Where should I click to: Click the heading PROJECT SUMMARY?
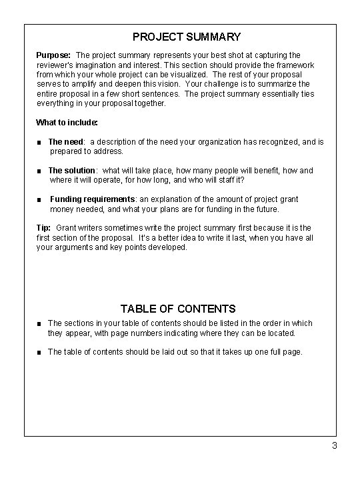186,37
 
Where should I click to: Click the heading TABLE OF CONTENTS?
178,309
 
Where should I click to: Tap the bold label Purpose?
54,55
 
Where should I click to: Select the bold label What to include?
67,123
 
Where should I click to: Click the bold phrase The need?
66,142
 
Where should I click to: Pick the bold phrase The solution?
73,171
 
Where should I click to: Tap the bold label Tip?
43,228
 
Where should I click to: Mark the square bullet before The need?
40,142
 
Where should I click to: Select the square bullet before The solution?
40,171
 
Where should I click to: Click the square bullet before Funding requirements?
40,199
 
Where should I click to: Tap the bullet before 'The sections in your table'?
40,323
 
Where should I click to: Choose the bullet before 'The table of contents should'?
40,351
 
